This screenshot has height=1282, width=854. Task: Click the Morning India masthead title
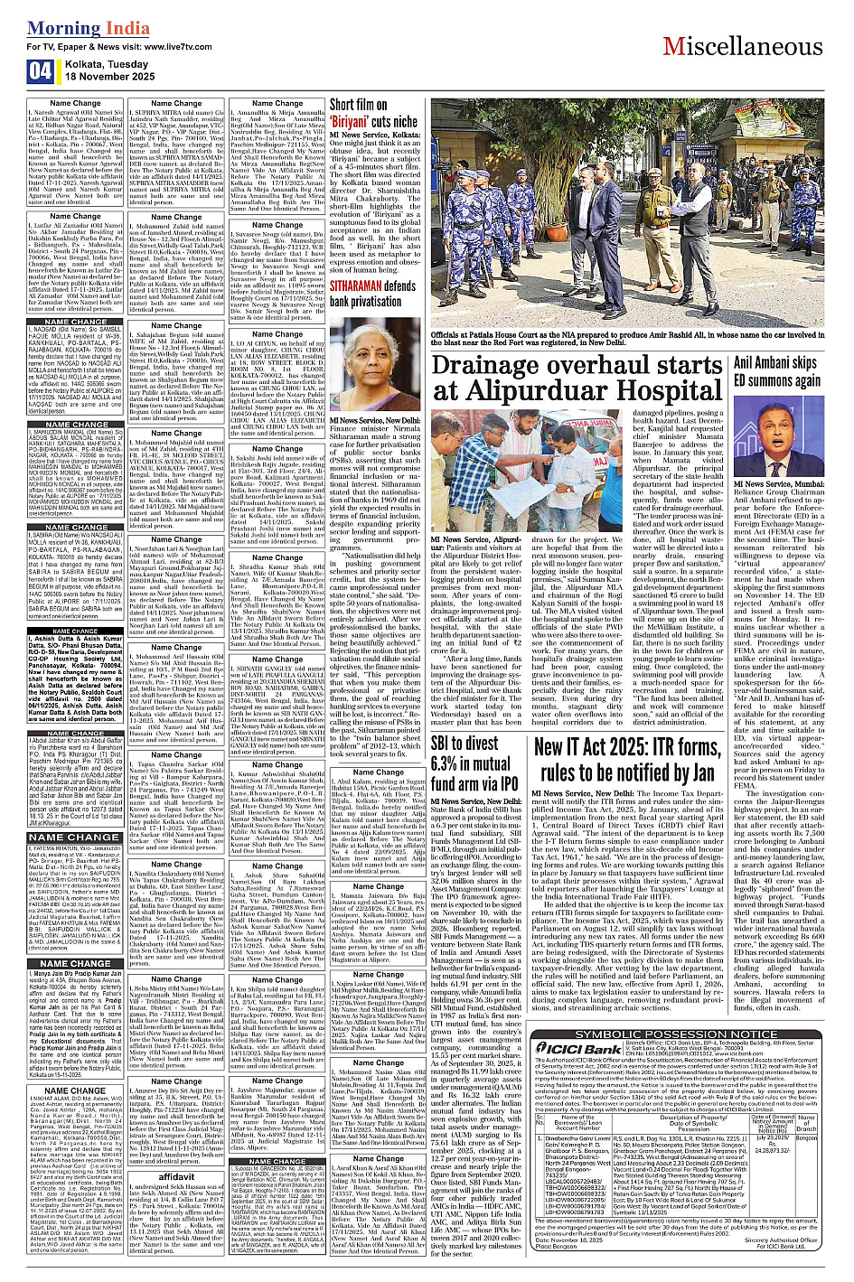pos(76,29)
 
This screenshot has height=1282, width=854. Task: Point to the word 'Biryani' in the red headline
pos(359,122)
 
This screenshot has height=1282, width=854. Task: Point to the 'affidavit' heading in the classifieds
pos(176,1177)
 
